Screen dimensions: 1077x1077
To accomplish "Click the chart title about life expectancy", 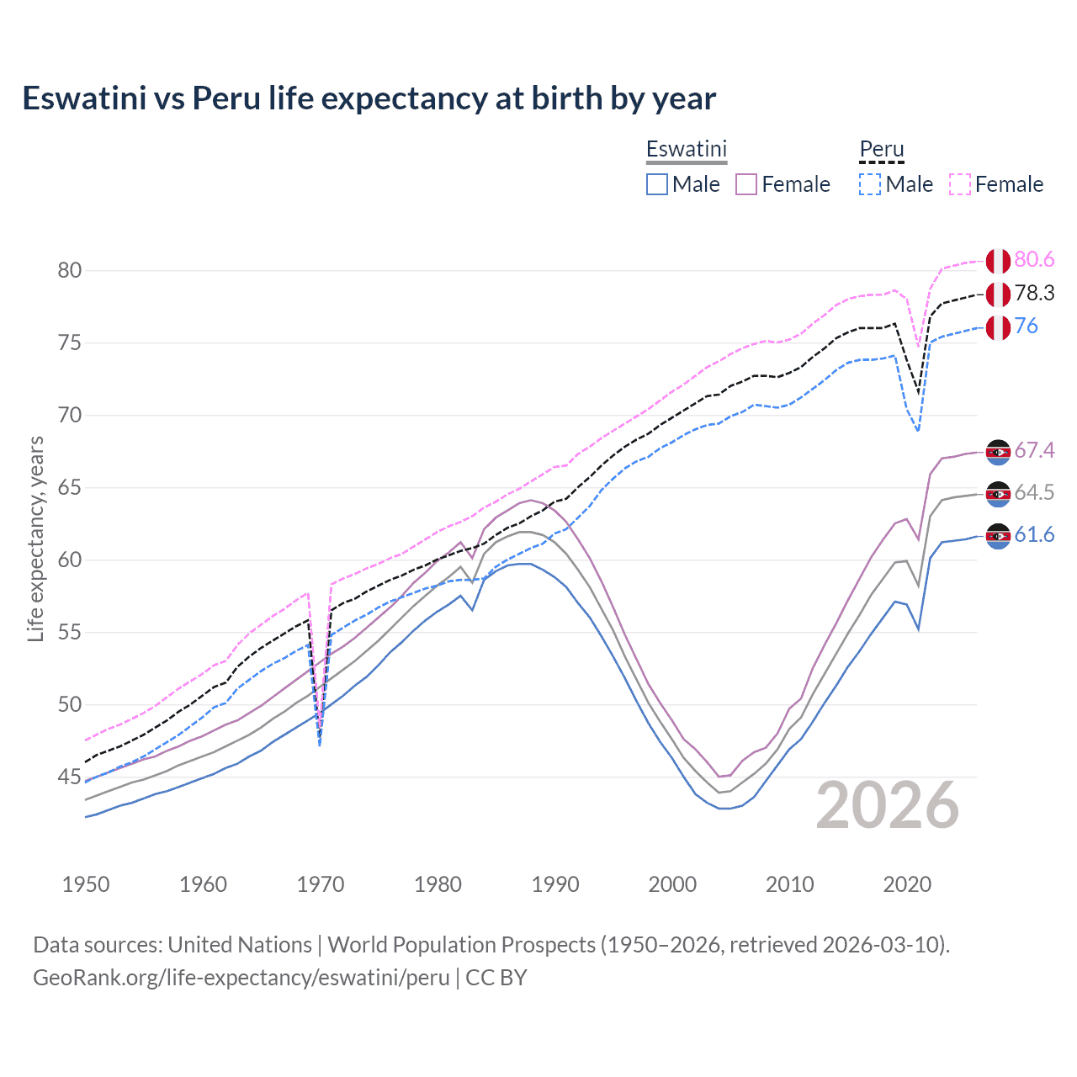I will click(x=369, y=98).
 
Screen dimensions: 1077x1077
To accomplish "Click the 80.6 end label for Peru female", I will click(x=1034, y=260).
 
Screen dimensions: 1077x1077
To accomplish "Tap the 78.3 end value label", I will click(x=1034, y=294).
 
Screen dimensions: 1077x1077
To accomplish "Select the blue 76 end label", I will click(x=1026, y=326).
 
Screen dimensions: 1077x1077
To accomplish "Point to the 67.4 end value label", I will click(x=1034, y=451).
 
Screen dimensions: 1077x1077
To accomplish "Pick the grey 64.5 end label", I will click(x=1034, y=493).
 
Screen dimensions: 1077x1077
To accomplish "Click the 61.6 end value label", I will click(x=1034, y=535).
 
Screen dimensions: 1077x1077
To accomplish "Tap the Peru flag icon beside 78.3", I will click(x=998, y=294).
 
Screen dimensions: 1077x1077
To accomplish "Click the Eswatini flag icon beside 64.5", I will click(x=998, y=494).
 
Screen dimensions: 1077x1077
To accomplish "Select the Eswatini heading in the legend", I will click(x=686, y=149).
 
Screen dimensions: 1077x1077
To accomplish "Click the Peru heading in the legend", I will click(x=881, y=149).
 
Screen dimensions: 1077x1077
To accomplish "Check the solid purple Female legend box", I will click(x=746, y=184).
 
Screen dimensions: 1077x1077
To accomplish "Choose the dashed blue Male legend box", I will click(x=870, y=184).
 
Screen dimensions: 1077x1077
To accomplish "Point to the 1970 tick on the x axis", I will click(x=321, y=884).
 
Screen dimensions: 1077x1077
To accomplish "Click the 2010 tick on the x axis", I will click(x=789, y=884).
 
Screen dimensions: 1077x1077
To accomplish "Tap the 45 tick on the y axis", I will click(x=70, y=777).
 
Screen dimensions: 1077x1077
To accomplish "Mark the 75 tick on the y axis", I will click(x=70, y=343).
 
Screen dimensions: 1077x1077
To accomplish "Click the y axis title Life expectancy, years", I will click(x=35, y=538).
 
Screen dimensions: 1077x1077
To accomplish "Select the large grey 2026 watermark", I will click(x=888, y=805).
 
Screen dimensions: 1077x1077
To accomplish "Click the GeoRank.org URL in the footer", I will click(x=241, y=978).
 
